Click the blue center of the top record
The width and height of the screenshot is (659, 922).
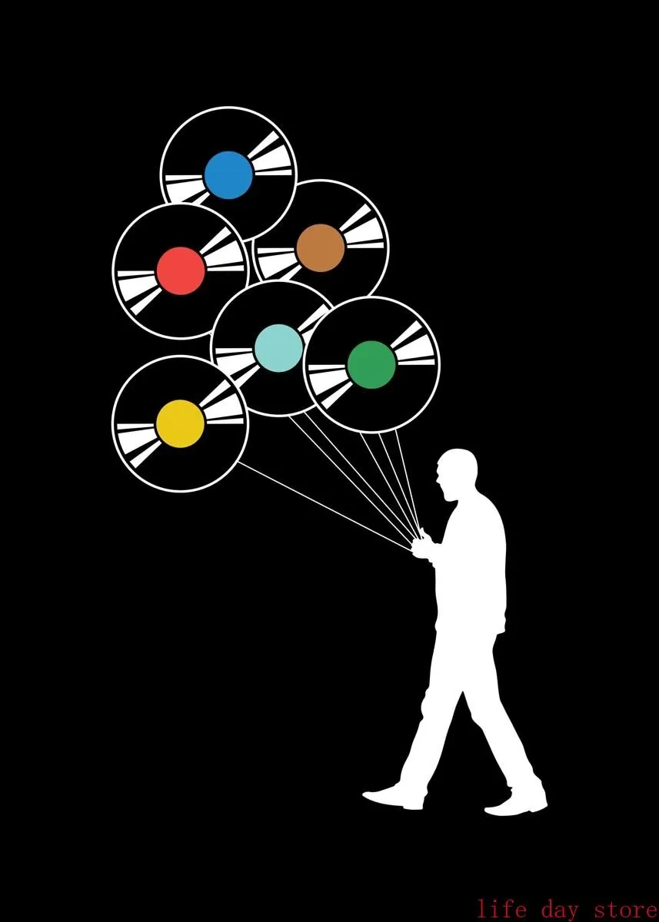228,174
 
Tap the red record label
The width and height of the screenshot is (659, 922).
181,270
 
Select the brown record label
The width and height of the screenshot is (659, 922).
320,247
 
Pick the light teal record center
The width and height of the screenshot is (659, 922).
278,348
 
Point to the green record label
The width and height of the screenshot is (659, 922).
371,365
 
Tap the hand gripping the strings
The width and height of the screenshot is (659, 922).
421,546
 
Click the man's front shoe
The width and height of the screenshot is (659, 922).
394,795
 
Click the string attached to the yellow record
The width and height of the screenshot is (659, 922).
323,503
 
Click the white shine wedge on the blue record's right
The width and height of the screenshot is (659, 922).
274,158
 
